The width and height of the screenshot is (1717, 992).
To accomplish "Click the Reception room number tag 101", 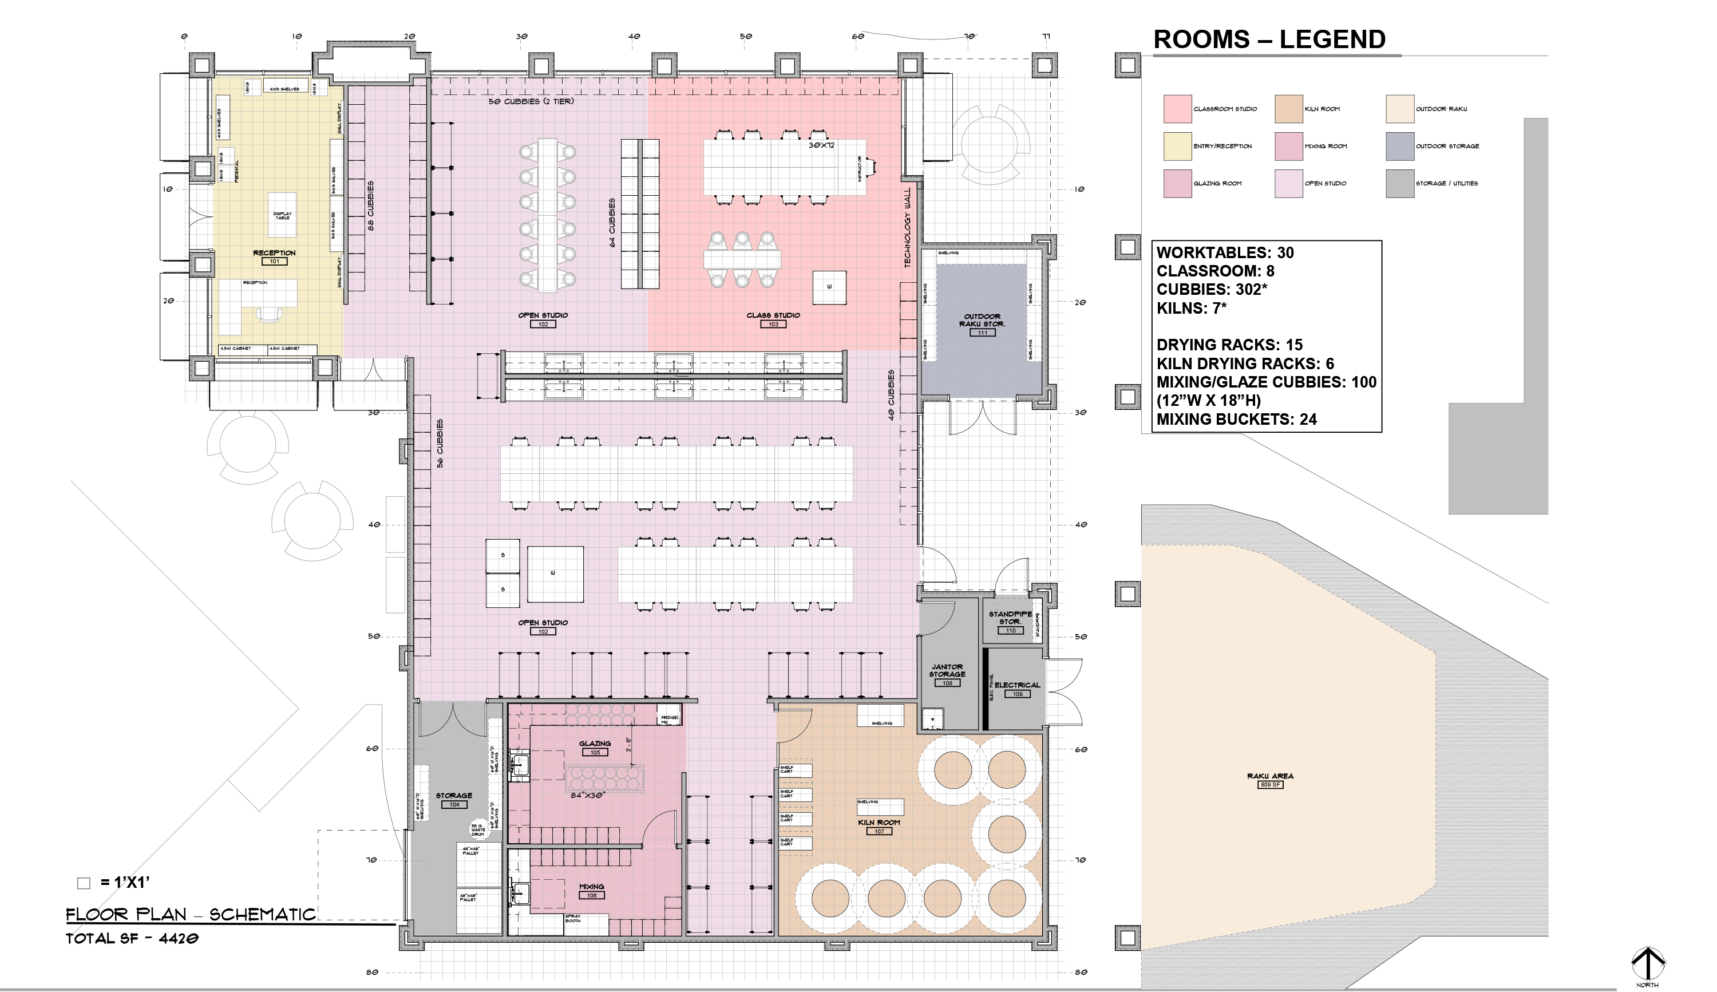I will coord(274,262).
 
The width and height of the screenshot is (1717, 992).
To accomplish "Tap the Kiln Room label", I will coord(879,823).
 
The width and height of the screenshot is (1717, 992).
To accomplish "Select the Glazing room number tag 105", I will coord(595,753).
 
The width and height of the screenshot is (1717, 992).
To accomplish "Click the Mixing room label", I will coord(591,887).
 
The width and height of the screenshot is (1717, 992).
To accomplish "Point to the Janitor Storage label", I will coord(947,670).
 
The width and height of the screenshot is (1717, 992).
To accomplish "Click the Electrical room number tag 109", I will coord(1017,694).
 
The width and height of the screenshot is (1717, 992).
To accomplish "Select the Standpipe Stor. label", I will coord(1010,617).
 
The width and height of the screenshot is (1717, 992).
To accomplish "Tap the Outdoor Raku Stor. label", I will coord(982,320).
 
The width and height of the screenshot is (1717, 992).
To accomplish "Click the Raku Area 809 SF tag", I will coord(1270,785).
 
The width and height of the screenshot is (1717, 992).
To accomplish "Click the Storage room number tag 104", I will coord(454,805).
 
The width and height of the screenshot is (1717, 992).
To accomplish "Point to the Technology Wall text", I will coord(907,228).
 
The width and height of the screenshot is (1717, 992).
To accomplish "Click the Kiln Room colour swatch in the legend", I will coord(1288,109).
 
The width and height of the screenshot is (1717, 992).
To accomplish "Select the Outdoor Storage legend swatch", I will coord(1399,147).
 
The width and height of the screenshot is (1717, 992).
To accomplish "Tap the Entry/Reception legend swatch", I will coord(1177,147).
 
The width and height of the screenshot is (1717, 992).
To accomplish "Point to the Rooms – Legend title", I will coord(1269,39).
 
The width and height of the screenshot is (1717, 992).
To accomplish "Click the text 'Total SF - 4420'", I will coord(132,939).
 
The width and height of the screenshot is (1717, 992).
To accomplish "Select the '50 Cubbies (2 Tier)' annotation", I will coord(531,101).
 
